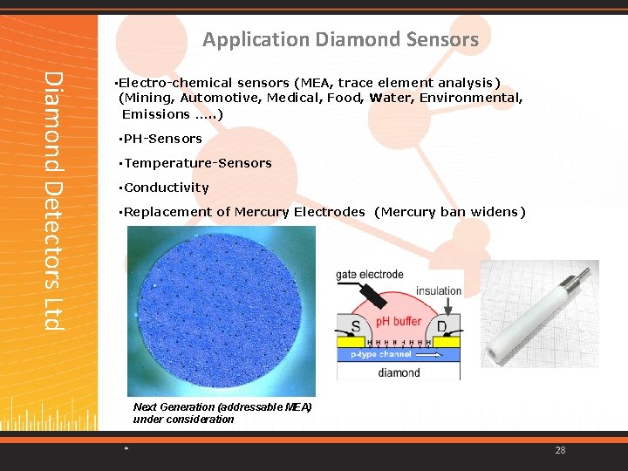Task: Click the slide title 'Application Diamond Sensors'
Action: [340, 39]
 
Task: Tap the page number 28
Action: [560, 450]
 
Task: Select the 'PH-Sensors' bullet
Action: [162, 139]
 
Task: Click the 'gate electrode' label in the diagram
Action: [370, 275]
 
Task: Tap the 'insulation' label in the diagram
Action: [438, 291]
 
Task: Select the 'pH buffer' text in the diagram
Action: [399, 322]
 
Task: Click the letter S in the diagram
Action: [356, 327]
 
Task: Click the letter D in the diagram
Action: [441, 327]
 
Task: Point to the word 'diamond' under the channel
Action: [398, 372]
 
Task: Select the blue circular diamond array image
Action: [222, 310]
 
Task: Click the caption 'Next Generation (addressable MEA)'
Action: [222, 407]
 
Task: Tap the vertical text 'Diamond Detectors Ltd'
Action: [54, 201]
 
